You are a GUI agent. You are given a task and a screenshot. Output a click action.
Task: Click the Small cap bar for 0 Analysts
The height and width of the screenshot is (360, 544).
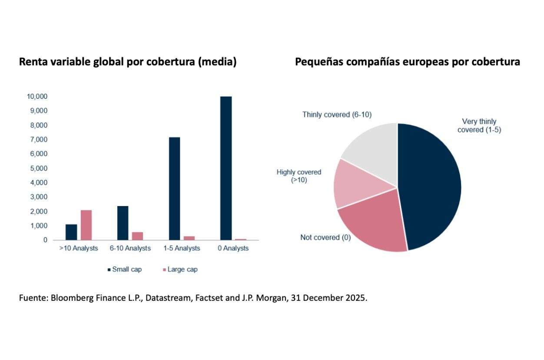[x=226, y=168]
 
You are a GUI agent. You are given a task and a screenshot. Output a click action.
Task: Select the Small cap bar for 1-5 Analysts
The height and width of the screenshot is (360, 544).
[x=174, y=189]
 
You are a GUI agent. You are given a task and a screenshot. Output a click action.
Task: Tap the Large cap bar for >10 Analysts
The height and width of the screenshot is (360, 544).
[x=86, y=225]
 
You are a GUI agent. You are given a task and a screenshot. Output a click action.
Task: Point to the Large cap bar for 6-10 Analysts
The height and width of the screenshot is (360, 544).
[x=137, y=236]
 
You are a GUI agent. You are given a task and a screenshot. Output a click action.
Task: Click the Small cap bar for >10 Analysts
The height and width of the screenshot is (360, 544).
[x=71, y=232]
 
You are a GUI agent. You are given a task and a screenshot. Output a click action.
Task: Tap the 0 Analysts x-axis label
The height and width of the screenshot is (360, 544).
[x=232, y=248]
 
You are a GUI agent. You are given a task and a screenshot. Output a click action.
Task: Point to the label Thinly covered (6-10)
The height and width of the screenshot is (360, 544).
[x=337, y=115]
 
